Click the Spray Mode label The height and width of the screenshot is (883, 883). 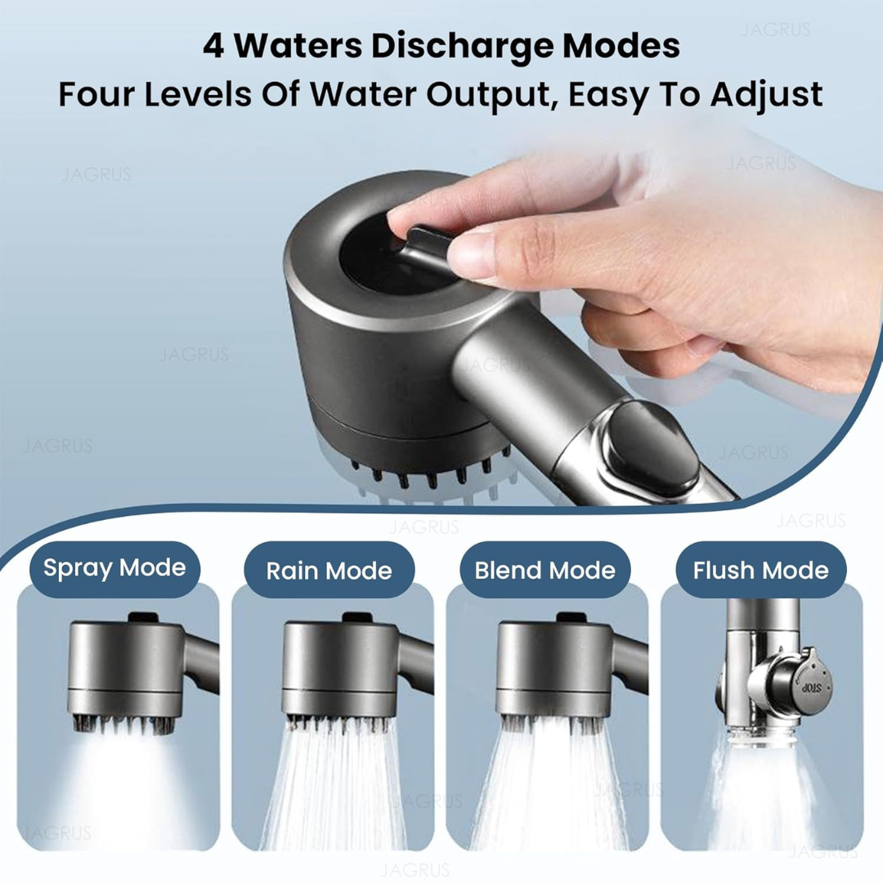tap(114, 568)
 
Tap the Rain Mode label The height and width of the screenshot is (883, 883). tap(329, 570)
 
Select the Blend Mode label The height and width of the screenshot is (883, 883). tap(545, 570)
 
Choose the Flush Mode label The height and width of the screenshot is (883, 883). tap(760, 570)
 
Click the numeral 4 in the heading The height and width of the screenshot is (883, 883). tap(213, 47)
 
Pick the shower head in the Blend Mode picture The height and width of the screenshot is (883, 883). tap(553, 666)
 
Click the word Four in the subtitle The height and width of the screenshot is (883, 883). tap(91, 95)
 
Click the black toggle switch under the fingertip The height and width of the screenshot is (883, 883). tap(428, 245)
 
